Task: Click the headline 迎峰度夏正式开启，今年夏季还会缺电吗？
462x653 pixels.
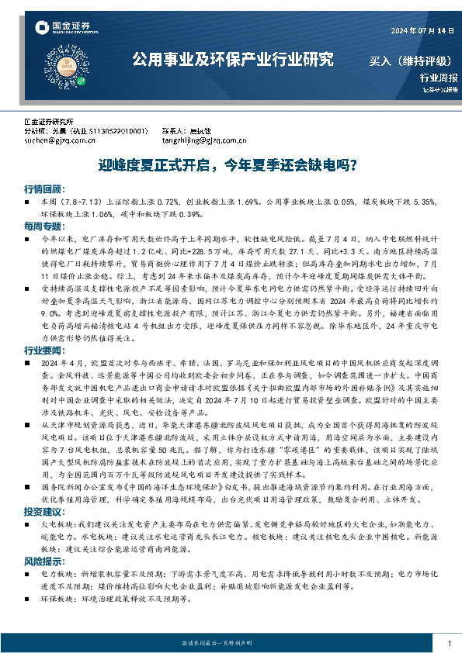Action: click(230, 165)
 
